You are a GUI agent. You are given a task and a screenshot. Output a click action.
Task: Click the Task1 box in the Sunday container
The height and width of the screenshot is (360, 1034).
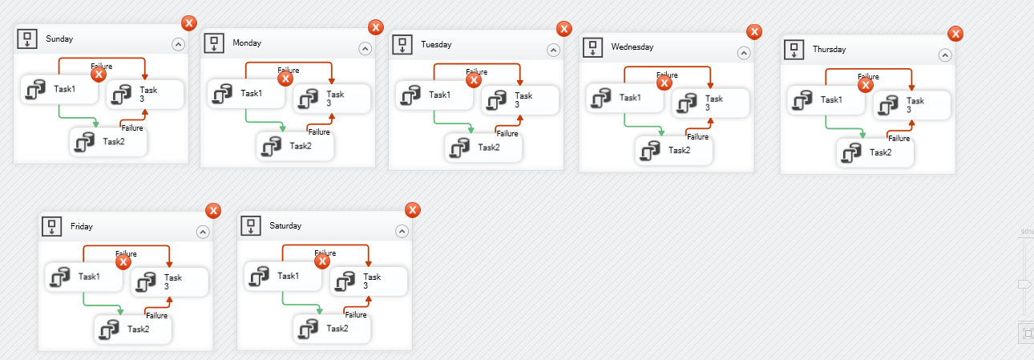tap(59, 90)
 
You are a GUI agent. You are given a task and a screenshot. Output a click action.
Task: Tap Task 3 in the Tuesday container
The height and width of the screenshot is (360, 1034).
tap(519, 99)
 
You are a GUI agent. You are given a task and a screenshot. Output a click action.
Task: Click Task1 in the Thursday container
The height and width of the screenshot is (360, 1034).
tap(826, 99)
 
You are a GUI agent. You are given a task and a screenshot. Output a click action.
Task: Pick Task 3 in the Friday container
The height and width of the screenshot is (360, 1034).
tap(169, 281)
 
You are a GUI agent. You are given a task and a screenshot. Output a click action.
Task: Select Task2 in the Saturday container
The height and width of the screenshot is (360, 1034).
tap(332, 327)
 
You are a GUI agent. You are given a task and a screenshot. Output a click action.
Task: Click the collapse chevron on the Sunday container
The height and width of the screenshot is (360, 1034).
tap(178, 45)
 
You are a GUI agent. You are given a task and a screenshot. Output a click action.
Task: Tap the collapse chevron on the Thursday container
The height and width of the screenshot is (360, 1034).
tap(945, 55)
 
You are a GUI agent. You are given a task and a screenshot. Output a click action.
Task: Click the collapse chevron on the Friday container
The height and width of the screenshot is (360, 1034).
tap(203, 232)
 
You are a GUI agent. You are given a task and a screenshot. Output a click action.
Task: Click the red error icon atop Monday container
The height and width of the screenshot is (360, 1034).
tap(376, 27)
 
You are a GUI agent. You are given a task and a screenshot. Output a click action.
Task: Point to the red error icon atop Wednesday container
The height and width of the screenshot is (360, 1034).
tap(754, 31)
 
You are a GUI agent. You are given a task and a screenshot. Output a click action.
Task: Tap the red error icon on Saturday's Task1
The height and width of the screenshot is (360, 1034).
tap(322, 261)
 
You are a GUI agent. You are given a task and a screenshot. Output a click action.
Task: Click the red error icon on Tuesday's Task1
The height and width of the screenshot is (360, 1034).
tap(474, 79)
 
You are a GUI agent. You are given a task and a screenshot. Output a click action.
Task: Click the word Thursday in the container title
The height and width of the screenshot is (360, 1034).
tap(829, 50)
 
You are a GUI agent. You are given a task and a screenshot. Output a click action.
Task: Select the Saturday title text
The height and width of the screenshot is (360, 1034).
tap(285, 226)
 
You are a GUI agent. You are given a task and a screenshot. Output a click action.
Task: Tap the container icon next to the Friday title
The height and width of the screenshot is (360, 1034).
tap(52, 226)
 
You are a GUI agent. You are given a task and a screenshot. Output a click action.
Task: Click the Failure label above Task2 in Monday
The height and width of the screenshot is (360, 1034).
tap(318, 132)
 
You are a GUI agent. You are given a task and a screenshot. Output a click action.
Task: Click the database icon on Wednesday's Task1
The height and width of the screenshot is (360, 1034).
tap(600, 98)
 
